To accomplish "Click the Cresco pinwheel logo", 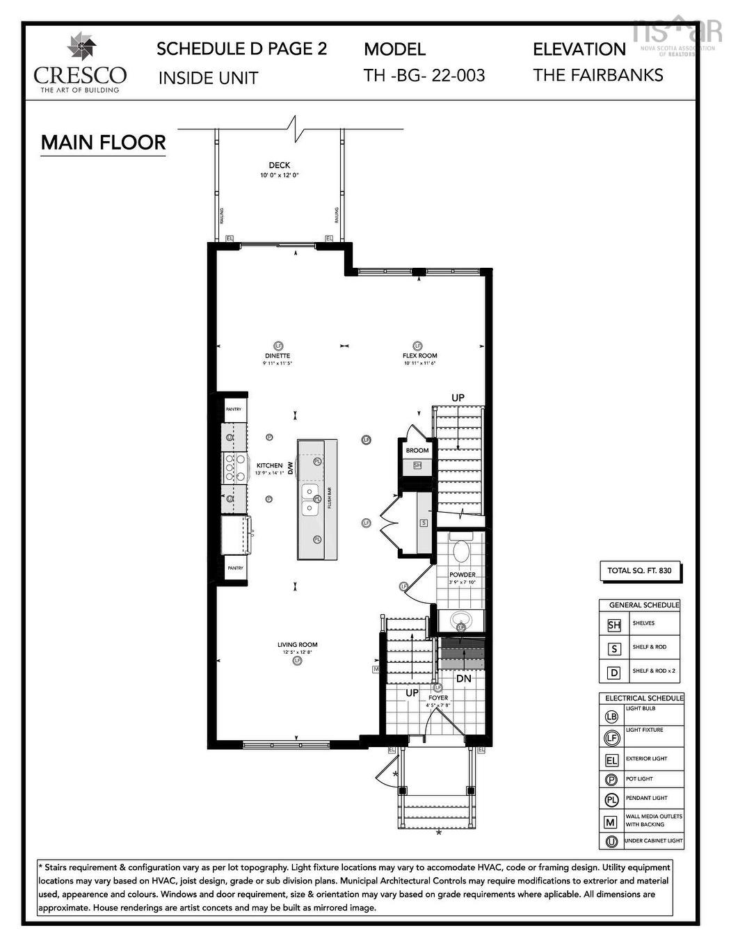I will (81, 47).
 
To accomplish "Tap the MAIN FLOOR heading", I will (103, 143).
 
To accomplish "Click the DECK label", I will (279, 166).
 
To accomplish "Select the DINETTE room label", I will (277, 355).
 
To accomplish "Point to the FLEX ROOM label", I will (419, 355).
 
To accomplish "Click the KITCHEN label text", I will (269, 465).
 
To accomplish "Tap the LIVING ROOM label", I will (297, 645).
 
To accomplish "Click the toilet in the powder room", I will (461, 552).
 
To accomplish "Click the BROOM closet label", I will (417, 450).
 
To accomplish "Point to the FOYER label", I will (438, 698).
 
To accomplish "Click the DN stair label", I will (463, 678).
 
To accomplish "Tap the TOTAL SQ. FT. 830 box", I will (639, 570).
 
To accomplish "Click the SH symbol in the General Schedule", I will (613, 625).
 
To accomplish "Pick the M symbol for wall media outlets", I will (611, 821).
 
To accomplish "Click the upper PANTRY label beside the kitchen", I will (234, 409).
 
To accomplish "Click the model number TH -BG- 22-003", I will (424, 75).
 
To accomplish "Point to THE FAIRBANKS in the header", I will (597, 75).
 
